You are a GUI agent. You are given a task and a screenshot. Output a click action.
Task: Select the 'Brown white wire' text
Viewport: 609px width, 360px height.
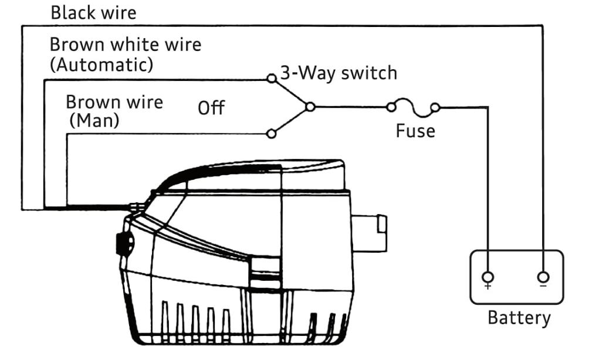(125, 45)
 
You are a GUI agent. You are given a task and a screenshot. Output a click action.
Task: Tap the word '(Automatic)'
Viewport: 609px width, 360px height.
(101, 64)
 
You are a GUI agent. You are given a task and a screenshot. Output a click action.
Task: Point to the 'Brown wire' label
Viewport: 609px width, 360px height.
(114, 102)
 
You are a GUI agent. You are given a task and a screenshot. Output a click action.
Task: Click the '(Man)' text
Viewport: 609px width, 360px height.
(94, 121)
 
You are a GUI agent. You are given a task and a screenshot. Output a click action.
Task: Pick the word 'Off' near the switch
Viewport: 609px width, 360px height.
(211, 108)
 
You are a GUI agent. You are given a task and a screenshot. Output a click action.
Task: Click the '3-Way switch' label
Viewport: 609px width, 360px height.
(339, 73)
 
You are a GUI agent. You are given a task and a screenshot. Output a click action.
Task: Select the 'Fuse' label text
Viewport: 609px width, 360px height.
(415, 130)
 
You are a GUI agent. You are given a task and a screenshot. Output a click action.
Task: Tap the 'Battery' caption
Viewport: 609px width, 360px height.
(519, 318)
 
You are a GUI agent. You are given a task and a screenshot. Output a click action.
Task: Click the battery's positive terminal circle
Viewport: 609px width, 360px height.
(487, 277)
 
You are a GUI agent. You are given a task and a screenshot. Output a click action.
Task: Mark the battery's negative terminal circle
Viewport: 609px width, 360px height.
(543, 277)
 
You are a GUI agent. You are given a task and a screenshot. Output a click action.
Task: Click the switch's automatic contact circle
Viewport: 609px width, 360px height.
(270, 78)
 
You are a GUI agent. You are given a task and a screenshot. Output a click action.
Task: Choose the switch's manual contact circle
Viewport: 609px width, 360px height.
(270, 134)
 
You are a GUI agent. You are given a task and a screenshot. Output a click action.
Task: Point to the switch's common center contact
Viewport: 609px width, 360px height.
(310, 107)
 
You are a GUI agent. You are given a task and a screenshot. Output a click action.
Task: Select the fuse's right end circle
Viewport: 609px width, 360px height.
(435, 107)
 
